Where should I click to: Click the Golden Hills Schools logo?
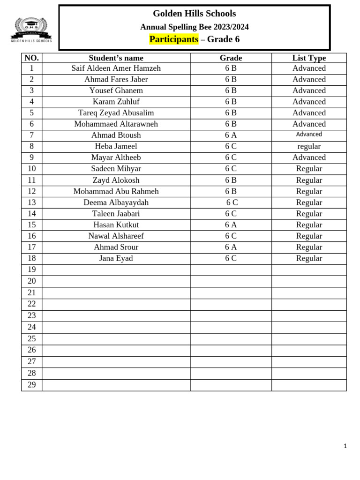31,30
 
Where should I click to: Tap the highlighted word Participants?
173,39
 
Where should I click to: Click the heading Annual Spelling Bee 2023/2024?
195,27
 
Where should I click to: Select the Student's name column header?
116,58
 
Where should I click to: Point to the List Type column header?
309,58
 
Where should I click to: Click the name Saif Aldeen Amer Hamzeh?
116,68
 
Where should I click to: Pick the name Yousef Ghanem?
116,90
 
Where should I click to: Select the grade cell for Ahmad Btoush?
231,135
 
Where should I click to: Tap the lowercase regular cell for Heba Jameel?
309,146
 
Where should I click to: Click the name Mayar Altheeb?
116,157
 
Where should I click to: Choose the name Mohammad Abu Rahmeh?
116,191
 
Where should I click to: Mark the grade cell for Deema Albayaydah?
232,202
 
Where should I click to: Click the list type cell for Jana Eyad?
309,258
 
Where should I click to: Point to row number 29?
31,385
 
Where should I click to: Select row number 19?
31,270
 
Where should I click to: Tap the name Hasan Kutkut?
116,225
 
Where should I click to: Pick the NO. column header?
31,58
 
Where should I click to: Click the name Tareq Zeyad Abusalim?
116,113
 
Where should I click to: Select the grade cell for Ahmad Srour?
231,247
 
